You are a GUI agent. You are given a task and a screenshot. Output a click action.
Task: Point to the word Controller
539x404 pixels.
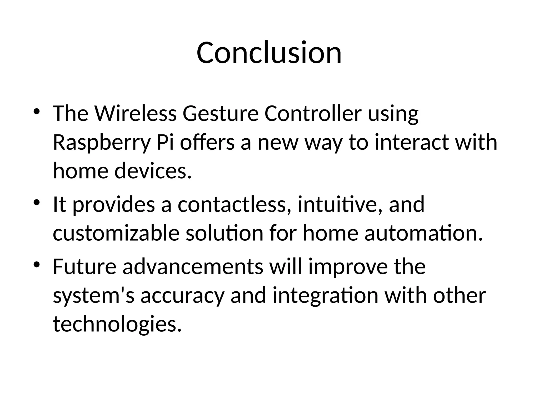tap(313, 114)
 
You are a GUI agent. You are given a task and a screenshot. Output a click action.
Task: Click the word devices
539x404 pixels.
tap(153, 171)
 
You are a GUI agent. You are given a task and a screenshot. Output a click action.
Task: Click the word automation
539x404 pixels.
tap(424, 233)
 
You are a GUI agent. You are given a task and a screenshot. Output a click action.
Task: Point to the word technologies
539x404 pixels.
tap(117, 324)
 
